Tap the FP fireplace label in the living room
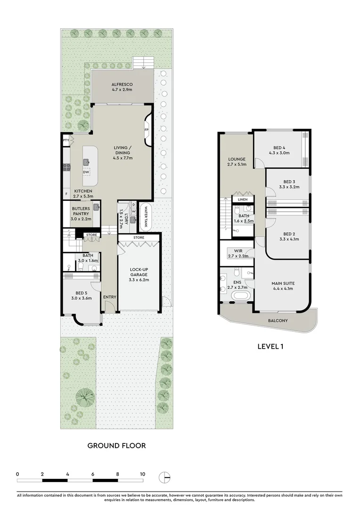point(146,131)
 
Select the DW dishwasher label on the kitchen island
point(86,172)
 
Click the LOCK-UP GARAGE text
point(139,272)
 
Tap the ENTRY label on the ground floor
point(109,296)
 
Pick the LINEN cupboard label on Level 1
point(242,199)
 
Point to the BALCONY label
point(278,320)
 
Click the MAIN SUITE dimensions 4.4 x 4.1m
point(282,289)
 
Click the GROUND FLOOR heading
point(116,445)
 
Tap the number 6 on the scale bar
point(93,474)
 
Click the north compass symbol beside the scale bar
point(164,477)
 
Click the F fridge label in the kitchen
point(66,194)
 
